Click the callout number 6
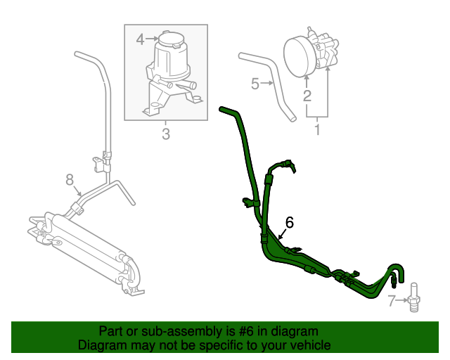tap(289, 222)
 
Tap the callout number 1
tap(316, 129)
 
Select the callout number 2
tap(307, 96)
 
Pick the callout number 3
tap(166, 134)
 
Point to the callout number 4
tap(140, 39)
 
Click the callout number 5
tap(255, 84)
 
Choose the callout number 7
tap(392, 302)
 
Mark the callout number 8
tap(70, 181)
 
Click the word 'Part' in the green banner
tap(112, 331)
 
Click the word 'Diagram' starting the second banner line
tap(101, 345)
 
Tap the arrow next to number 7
tap(401, 302)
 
